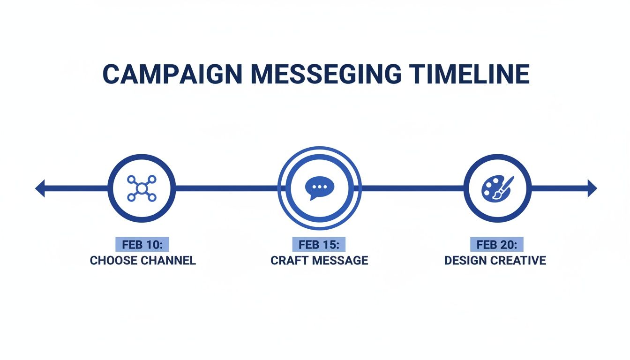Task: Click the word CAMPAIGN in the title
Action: coord(172,74)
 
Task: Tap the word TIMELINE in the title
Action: coord(469,74)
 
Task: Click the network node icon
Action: coord(142,188)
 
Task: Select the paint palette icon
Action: coord(497,188)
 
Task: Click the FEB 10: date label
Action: coord(142,245)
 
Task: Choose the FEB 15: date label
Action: coord(319,245)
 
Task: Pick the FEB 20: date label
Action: coord(497,245)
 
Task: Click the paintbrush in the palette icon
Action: coord(505,186)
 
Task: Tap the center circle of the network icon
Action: coord(142,188)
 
